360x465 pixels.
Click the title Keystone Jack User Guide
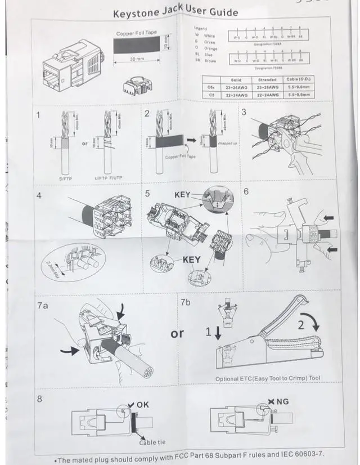175,12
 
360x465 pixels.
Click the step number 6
246,191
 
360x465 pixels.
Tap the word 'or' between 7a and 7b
177,334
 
